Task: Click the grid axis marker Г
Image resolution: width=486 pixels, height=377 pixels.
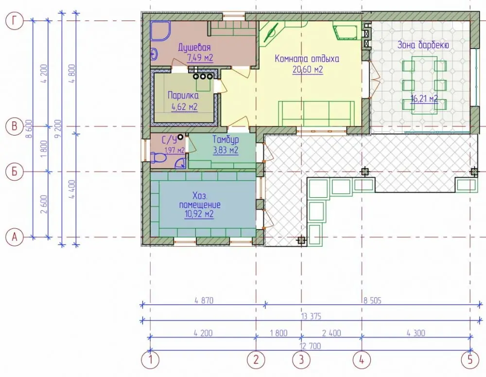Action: [x=14, y=21]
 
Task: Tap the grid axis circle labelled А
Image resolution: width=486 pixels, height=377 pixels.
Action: [x=14, y=237]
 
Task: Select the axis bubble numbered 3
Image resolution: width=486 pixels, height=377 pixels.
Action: [x=302, y=360]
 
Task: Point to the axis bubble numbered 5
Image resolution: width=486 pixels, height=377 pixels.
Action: [x=470, y=360]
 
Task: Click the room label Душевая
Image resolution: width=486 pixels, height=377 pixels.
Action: [x=194, y=48]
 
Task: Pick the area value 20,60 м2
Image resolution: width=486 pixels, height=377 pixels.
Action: [x=308, y=69]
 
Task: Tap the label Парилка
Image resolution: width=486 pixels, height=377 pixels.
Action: [x=183, y=95]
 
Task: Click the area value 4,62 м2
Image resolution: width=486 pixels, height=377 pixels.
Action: [x=184, y=107]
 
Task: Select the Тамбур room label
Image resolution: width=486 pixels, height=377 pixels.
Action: [x=226, y=140]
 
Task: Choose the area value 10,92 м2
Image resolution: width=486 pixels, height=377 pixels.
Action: [x=199, y=214]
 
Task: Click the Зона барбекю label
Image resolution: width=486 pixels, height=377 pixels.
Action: [x=423, y=45]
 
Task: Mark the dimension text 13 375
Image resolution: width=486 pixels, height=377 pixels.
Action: [x=311, y=316]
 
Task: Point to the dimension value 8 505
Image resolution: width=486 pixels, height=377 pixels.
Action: [x=372, y=300]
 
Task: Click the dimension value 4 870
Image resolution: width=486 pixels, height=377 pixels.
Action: [x=204, y=300]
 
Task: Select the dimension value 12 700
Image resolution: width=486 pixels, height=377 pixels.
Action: [x=311, y=346]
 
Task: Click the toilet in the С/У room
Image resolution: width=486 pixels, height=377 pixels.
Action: [x=158, y=157]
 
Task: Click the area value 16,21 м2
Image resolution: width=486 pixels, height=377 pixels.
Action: [x=424, y=99]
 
